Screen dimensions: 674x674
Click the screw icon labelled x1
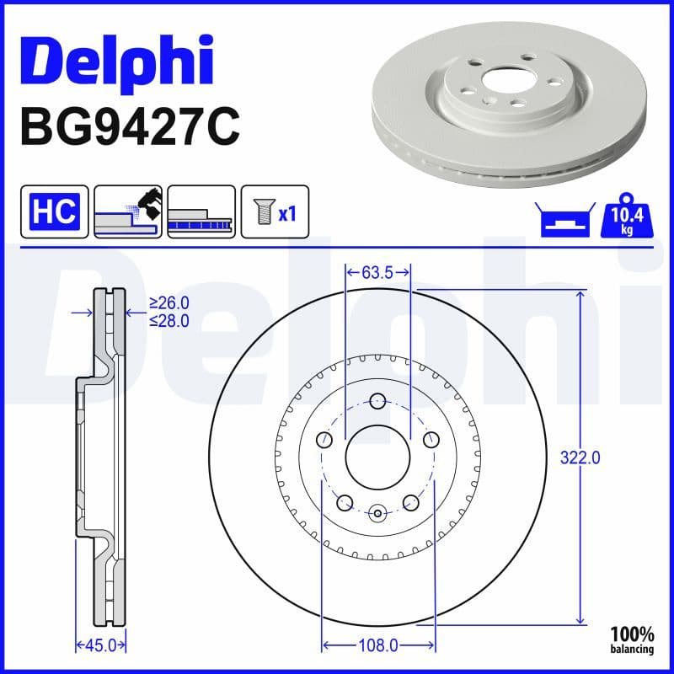tap(275, 211)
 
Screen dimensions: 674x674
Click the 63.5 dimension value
tap(377, 272)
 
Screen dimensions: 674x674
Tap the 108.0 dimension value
tap(379, 645)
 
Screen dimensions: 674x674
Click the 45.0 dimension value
tap(101, 645)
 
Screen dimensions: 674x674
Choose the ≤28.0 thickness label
tap(168, 320)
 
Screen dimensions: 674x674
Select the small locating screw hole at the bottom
tap(378, 511)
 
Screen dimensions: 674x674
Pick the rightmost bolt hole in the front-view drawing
tap(431, 439)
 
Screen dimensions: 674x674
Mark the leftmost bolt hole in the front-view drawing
tap(325, 439)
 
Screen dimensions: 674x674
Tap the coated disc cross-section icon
tap(201, 211)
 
